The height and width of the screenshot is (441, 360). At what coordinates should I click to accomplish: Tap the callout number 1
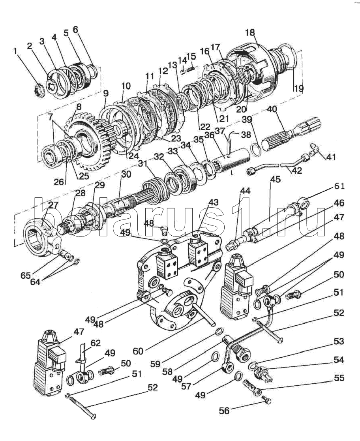tap(15, 51)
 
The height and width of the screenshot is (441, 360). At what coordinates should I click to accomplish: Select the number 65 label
tap(26, 275)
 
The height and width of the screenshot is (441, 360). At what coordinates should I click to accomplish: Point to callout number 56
tap(225, 411)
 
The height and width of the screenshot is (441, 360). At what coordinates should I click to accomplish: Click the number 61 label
tap(339, 186)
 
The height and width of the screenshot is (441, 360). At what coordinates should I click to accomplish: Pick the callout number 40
tap(272, 109)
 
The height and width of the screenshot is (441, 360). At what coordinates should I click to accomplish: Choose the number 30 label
tap(126, 174)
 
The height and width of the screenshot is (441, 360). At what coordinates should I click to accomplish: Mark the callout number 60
tap(138, 351)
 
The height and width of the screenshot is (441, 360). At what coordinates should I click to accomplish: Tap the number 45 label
tap(276, 179)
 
